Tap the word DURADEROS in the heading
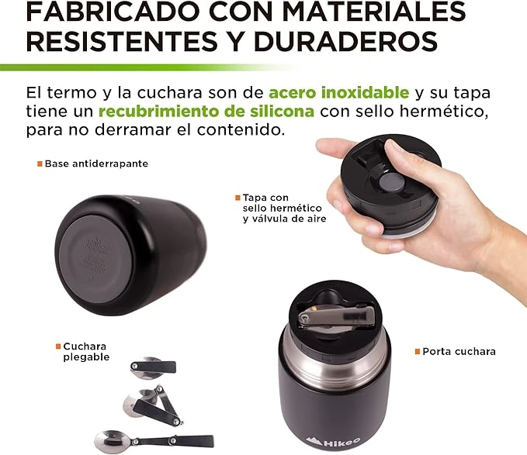click(x=346, y=42)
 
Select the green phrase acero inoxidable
click(x=338, y=92)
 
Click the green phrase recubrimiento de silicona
click(x=206, y=112)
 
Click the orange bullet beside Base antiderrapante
click(x=40, y=164)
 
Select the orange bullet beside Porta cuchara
click(x=418, y=352)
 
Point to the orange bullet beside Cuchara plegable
click(x=58, y=346)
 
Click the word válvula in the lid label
click(x=271, y=219)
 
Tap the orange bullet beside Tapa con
click(x=237, y=198)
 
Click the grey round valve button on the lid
click(x=392, y=181)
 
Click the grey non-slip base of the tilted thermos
click(x=96, y=259)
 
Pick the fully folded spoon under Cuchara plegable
click(x=153, y=367)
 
